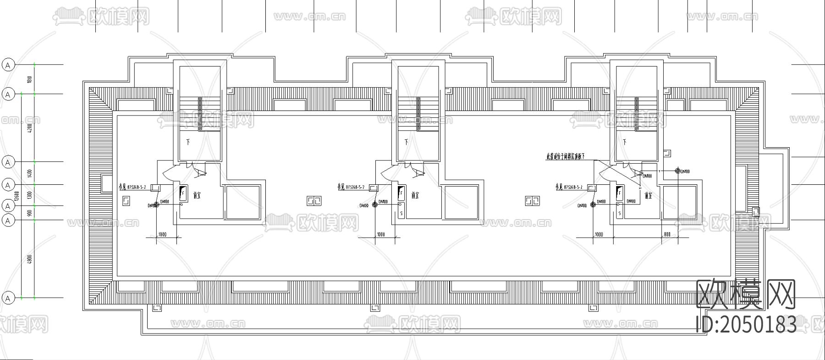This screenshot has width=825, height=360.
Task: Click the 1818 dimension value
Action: tap(30, 79)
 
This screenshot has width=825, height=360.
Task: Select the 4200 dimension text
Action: tap(30, 128)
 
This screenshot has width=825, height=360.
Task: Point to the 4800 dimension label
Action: tap(30, 259)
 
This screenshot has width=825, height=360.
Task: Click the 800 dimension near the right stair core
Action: tap(667, 234)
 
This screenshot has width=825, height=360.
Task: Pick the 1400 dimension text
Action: tap(30, 173)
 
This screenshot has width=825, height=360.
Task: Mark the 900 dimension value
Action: tap(30, 213)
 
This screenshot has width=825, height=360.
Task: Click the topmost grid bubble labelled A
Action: tap(8, 65)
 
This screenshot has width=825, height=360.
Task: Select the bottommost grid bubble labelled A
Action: tap(8, 298)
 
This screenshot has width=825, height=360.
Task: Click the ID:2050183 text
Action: tap(746, 325)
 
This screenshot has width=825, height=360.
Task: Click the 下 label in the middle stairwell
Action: tap(407, 141)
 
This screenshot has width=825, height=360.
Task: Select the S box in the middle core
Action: tap(401, 213)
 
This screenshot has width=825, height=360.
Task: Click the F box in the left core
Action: tap(183, 193)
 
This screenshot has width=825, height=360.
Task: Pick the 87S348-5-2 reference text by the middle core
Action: tap(351, 187)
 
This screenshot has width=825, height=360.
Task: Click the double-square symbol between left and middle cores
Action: tap(314, 201)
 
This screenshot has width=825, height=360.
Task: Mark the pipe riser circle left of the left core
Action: tap(156, 205)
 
